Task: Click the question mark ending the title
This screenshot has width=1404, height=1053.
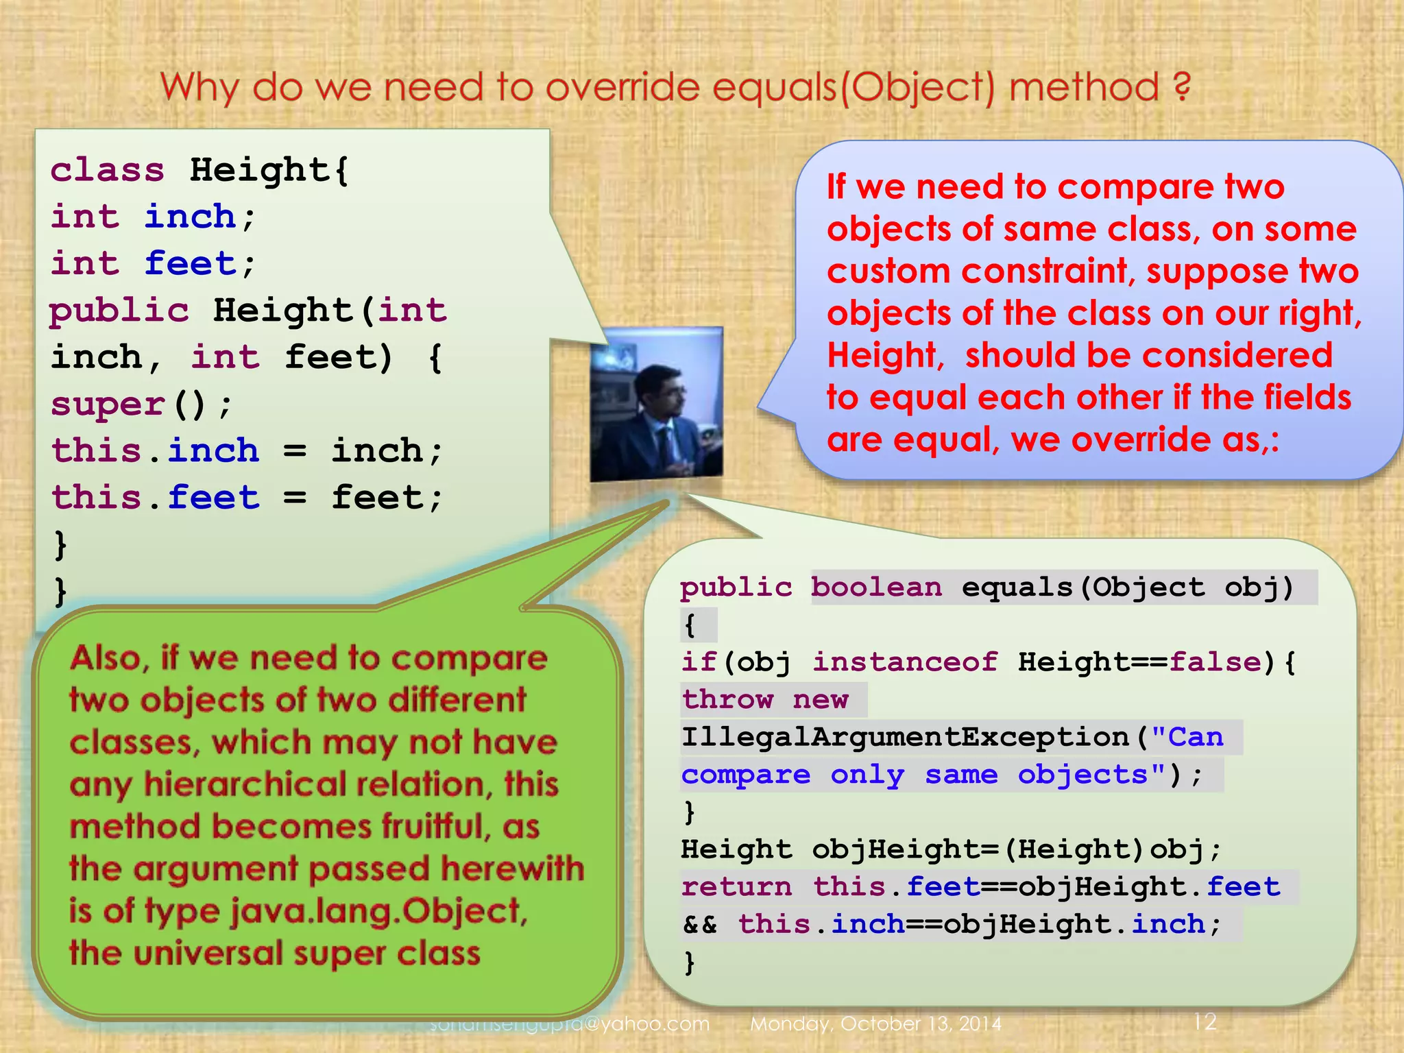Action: (1181, 87)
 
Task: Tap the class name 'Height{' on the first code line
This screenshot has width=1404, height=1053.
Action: (269, 169)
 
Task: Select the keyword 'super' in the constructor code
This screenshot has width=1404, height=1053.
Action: (108, 404)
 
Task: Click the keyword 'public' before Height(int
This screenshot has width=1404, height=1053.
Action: (119, 311)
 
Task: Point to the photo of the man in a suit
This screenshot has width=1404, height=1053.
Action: (657, 404)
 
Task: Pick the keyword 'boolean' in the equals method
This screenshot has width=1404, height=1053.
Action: (877, 588)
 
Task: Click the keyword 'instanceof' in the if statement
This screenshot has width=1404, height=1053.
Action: (905, 662)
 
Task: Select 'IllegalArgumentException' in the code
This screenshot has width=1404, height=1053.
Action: (905, 737)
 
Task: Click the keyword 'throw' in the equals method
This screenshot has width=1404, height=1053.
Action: (728, 699)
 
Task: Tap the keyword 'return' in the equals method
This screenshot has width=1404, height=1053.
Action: (736, 886)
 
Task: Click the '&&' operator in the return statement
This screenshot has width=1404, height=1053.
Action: (700, 924)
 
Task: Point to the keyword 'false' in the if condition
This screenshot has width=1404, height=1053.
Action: (1215, 662)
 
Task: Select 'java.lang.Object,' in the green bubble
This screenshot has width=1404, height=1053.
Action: (378, 911)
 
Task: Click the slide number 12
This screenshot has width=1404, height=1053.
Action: (1205, 1021)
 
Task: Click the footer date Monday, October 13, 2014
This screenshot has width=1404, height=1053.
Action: (875, 1024)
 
